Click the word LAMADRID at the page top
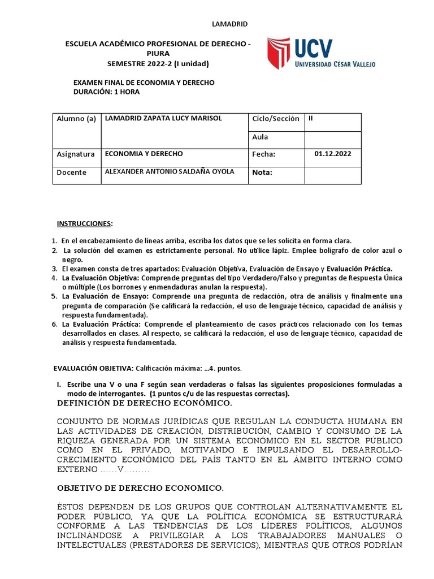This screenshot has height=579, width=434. [229, 24]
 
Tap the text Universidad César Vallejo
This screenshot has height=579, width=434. [335, 64]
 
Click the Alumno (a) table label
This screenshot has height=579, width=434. [76, 119]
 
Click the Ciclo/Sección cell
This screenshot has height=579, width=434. [275, 119]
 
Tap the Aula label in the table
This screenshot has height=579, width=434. [261, 137]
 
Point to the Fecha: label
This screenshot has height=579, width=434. [263, 154]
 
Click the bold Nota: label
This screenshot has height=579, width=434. [262, 172]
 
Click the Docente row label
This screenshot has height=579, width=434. [72, 172]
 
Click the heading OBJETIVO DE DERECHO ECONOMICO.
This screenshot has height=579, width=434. [141, 487]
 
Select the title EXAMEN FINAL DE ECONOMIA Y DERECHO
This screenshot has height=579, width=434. [144, 83]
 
